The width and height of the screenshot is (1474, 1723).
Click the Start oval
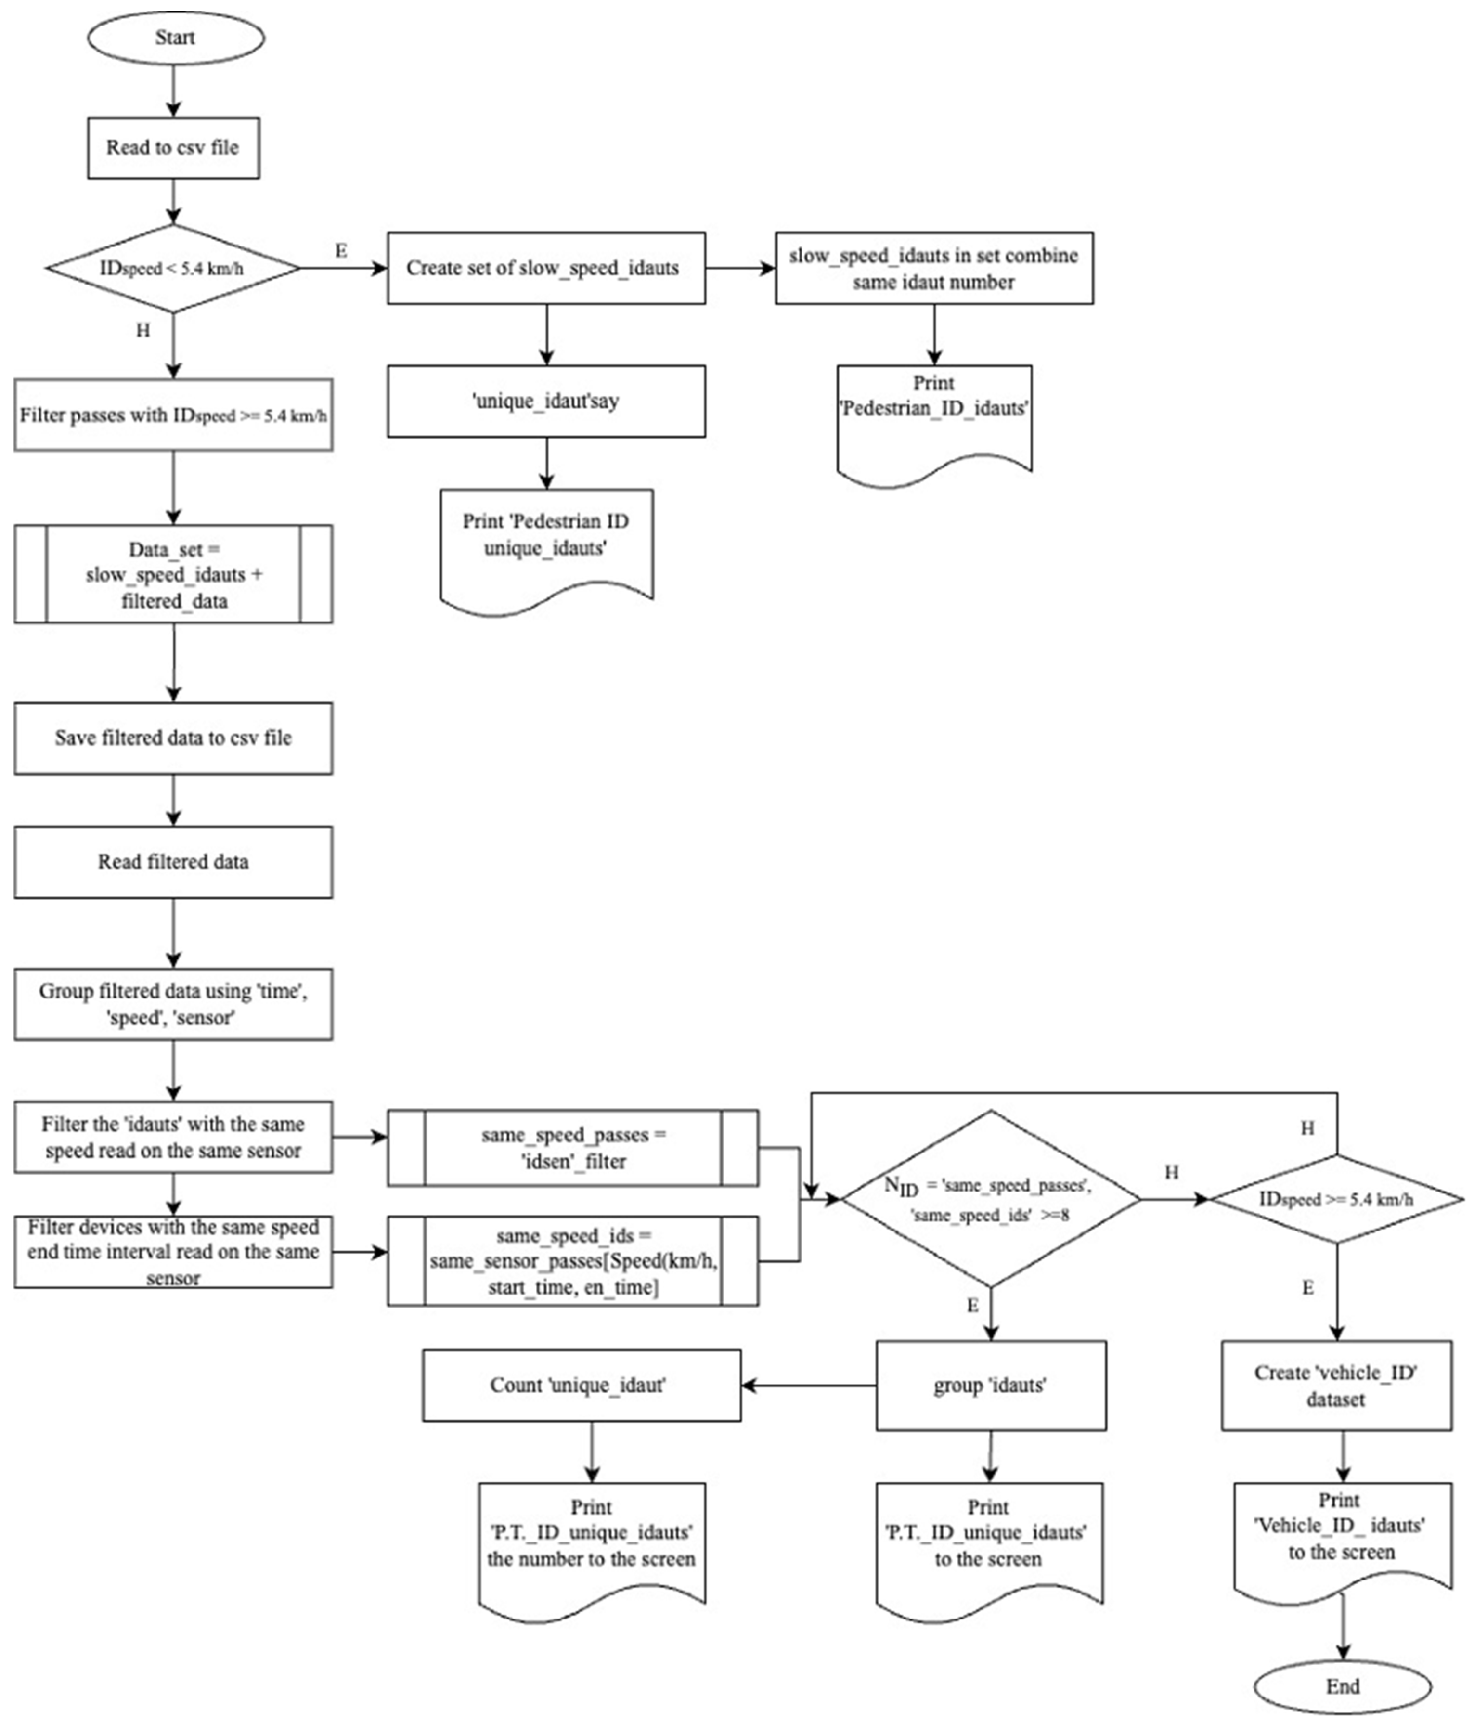[x=175, y=38]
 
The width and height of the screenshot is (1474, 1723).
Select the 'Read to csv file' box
[x=173, y=148]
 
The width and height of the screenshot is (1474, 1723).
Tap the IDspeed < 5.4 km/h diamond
[x=173, y=269]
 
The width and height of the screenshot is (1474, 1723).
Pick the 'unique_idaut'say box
[x=545, y=401]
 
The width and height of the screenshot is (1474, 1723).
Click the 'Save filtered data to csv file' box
[x=173, y=738]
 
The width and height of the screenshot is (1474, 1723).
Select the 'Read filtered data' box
[x=173, y=862]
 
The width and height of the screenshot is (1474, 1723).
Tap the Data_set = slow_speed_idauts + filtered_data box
[x=173, y=574]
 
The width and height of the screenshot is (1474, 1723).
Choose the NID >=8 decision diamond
[x=989, y=1199]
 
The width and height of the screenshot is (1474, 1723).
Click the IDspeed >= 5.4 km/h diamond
[x=1336, y=1199]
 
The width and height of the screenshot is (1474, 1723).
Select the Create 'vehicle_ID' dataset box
[x=1336, y=1386]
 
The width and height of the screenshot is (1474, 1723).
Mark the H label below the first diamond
[x=143, y=330]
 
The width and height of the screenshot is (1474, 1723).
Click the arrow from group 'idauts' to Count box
[x=806, y=1386]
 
